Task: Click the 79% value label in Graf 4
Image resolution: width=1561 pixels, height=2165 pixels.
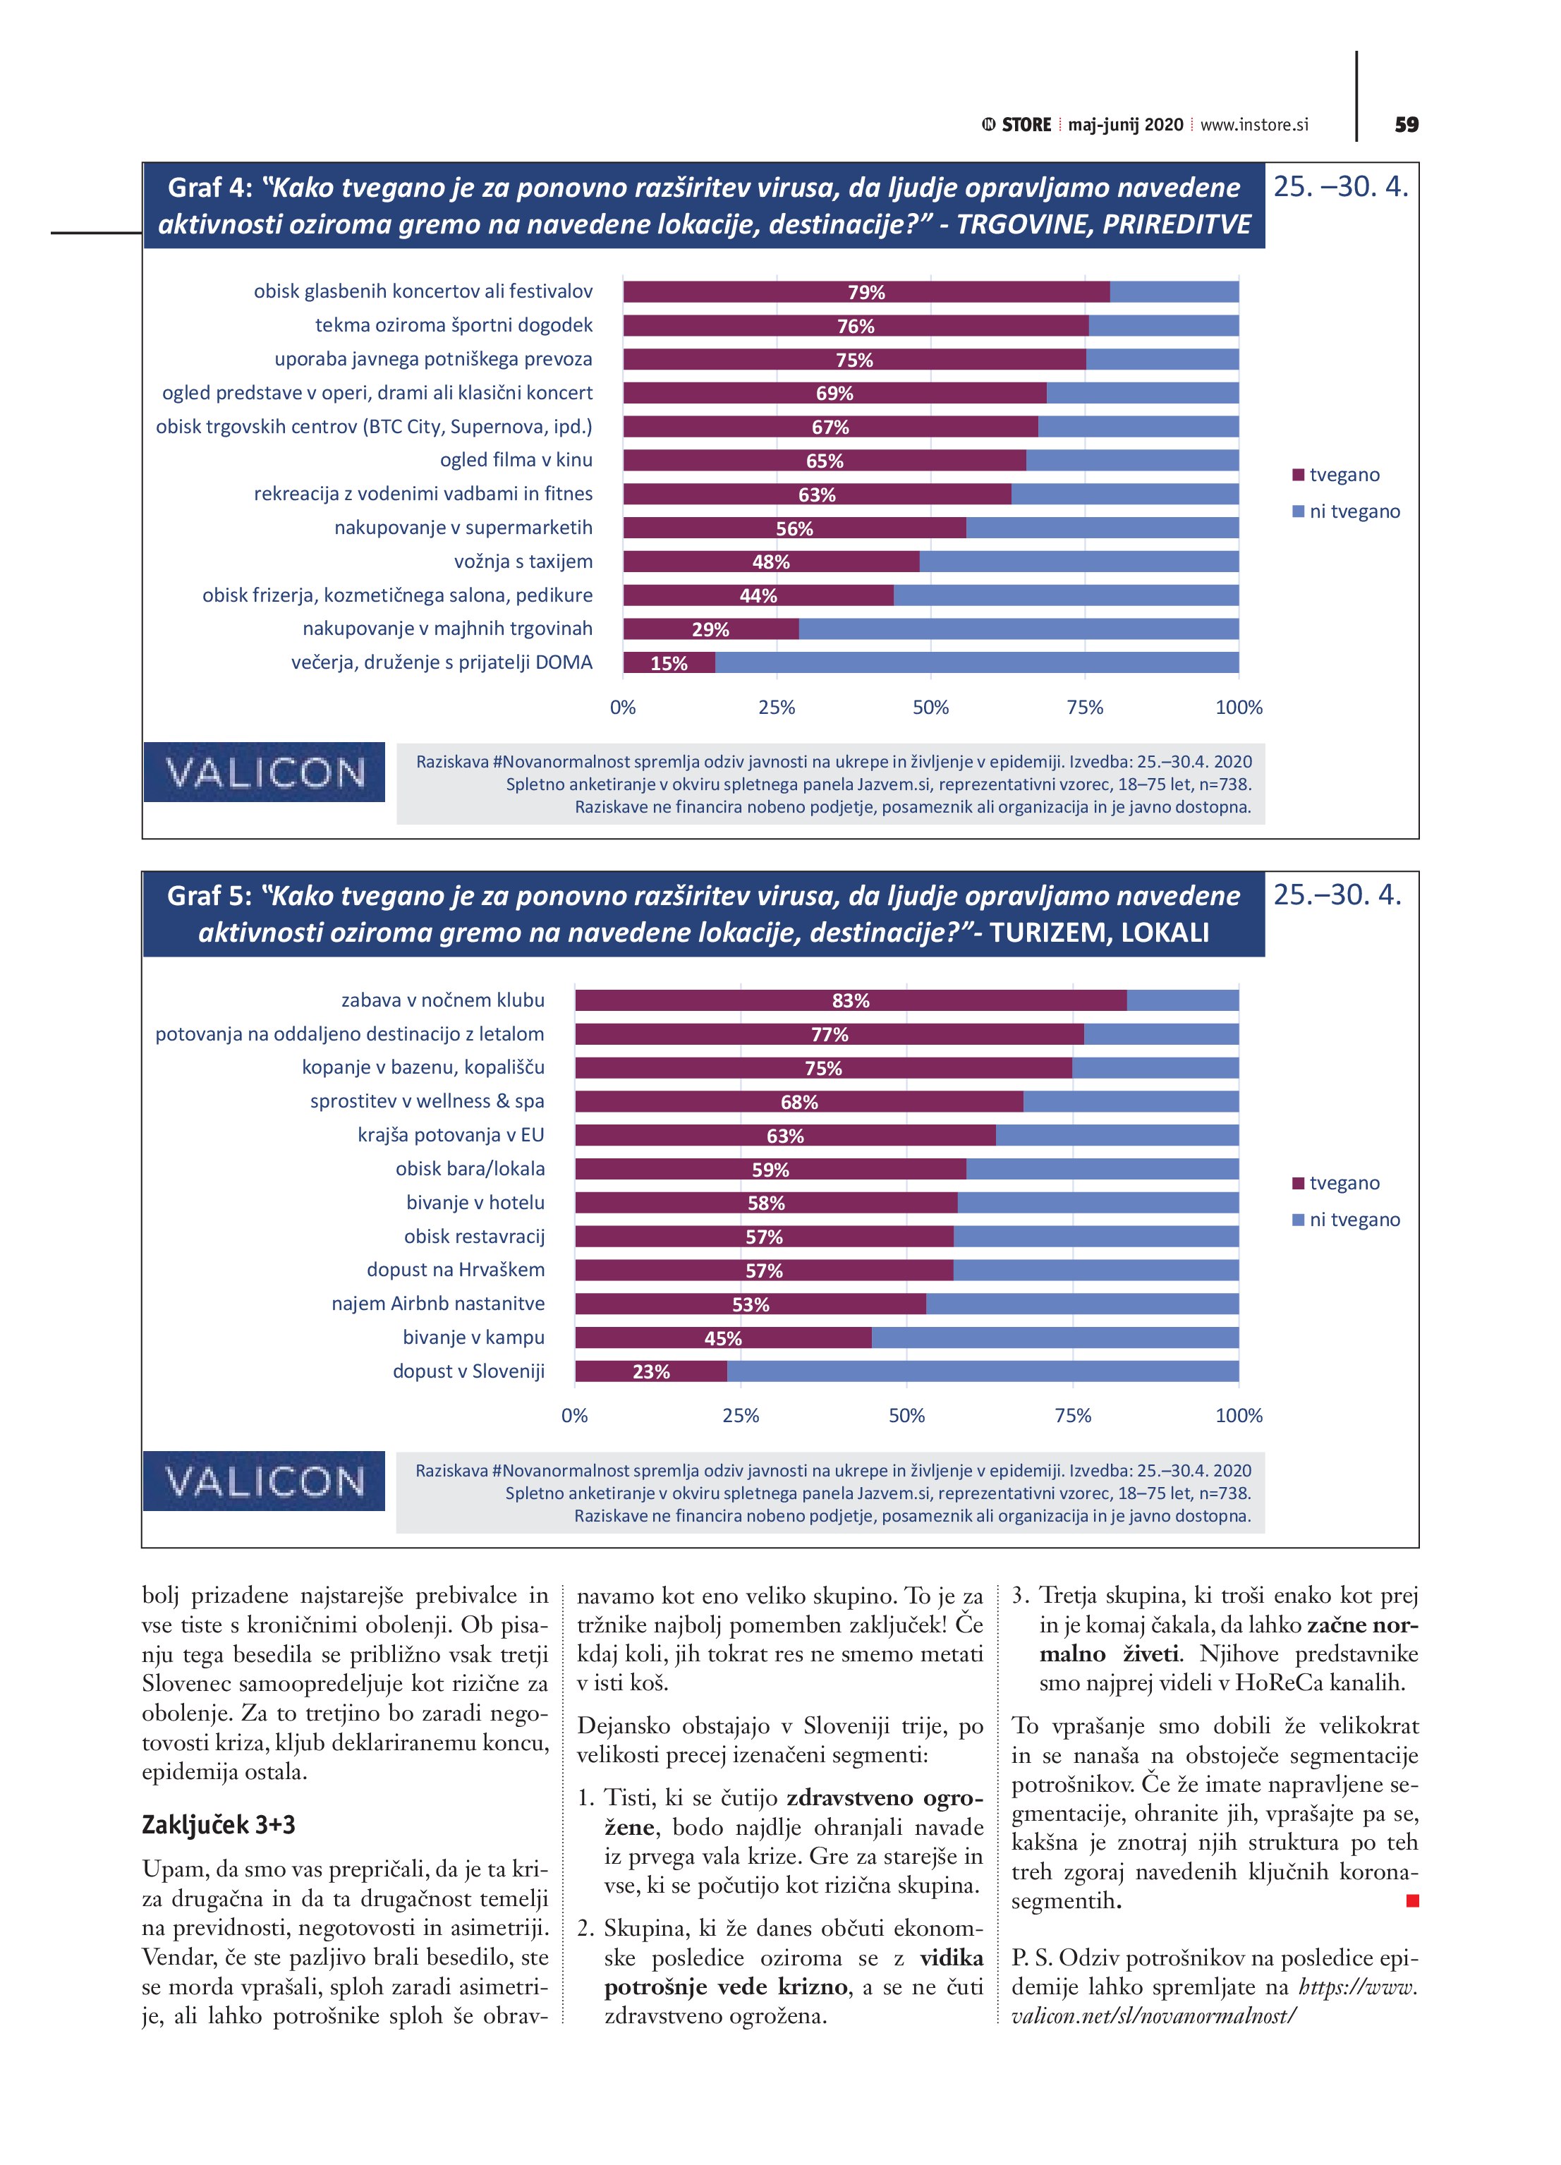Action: pos(866,292)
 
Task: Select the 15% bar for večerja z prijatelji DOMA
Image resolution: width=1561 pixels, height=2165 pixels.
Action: pos(668,662)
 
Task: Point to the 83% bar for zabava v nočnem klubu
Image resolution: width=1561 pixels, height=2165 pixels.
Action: pos(850,1000)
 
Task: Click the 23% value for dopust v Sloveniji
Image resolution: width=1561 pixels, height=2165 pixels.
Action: pos(651,1372)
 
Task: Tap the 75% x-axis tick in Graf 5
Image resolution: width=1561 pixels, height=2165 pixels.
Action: pos(1072,1416)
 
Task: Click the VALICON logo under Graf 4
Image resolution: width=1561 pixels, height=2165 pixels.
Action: pos(265,772)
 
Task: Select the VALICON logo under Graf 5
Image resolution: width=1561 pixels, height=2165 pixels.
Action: pos(265,1481)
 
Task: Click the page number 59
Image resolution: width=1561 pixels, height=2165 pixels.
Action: pos(1405,125)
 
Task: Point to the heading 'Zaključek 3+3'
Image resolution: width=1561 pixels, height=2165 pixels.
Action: pos(219,1824)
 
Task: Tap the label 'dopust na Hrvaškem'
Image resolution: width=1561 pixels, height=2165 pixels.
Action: pos(456,1270)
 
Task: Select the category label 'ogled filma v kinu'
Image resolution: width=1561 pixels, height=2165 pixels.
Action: pos(516,460)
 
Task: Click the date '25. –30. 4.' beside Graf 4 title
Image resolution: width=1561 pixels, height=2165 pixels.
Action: pos(1340,187)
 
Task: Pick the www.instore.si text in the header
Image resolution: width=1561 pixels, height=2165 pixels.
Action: pos(1253,125)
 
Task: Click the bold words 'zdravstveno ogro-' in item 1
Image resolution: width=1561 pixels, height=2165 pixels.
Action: pos(884,1797)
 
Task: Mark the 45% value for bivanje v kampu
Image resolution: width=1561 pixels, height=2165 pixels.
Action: pos(723,1338)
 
